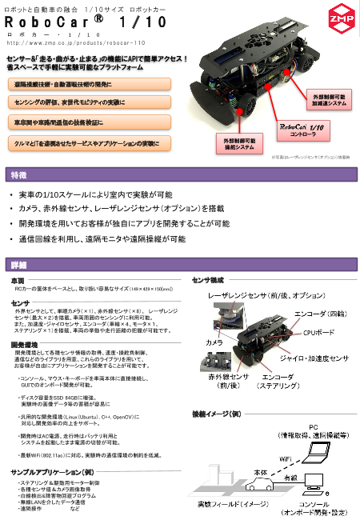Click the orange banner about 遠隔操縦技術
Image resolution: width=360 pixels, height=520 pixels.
pyautogui.click(x=62, y=84)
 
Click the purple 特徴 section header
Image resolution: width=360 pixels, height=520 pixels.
pyautogui.click(x=19, y=175)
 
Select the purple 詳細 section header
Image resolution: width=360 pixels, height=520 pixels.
pyautogui.click(x=19, y=265)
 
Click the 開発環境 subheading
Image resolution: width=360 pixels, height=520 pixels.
pyautogui.click(x=23, y=343)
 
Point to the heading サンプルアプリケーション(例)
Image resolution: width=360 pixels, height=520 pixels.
pyautogui.click(x=52, y=473)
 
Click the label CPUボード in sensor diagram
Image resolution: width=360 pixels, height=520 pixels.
pyautogui.click(x=318, y=330)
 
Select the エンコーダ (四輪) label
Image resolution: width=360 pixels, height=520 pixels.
pyautogui.click(x=321, y=314)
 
